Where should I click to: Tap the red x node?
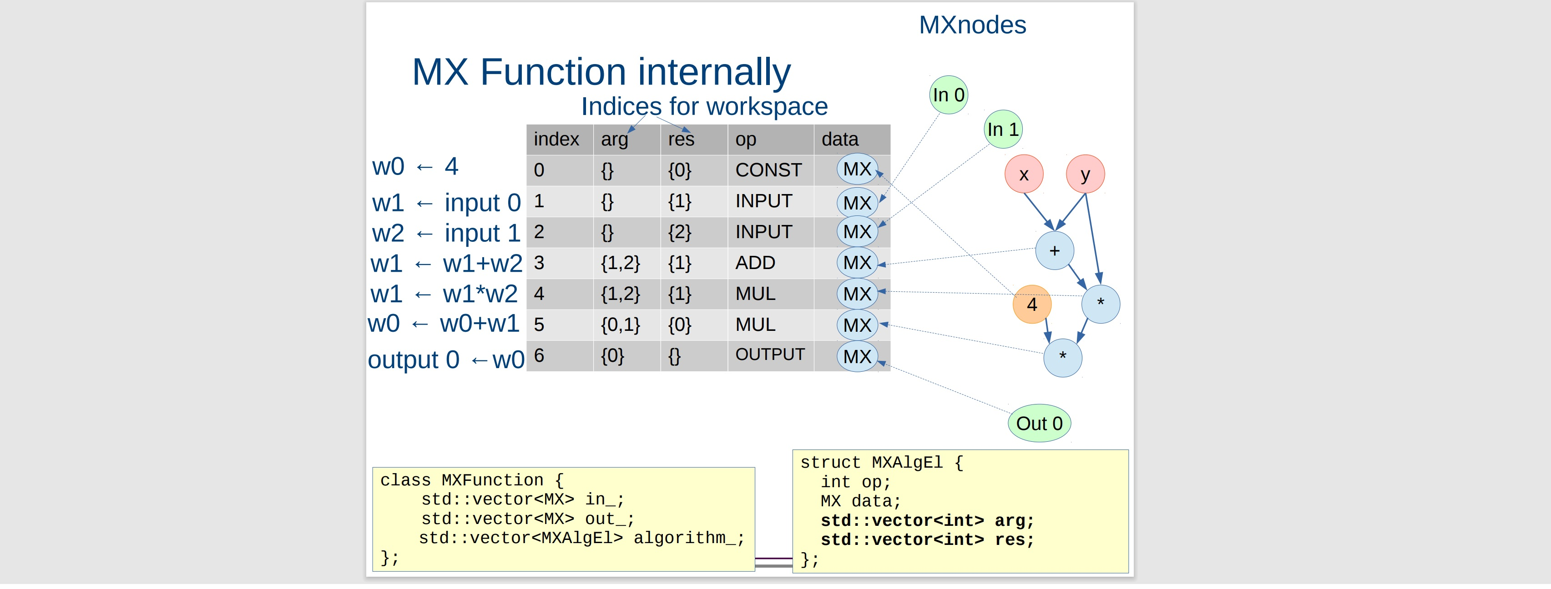pos(1024,174)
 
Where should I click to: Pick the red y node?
pos(1085,174)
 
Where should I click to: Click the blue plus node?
pos(1054,250)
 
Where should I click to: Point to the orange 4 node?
pos(1031,304)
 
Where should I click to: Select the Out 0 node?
pos(1039,423)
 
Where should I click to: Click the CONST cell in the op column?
pos(768,170)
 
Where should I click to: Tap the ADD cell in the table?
pos(755,263)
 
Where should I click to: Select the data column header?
pos(839,139)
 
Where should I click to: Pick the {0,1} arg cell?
pos(620,325)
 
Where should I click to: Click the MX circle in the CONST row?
pos(857,169)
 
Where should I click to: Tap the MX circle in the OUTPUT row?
pos(857,356)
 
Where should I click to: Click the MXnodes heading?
pos(972,25)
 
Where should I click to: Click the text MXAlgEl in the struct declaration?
pos(907,462)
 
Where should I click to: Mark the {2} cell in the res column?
pos(679,232)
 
